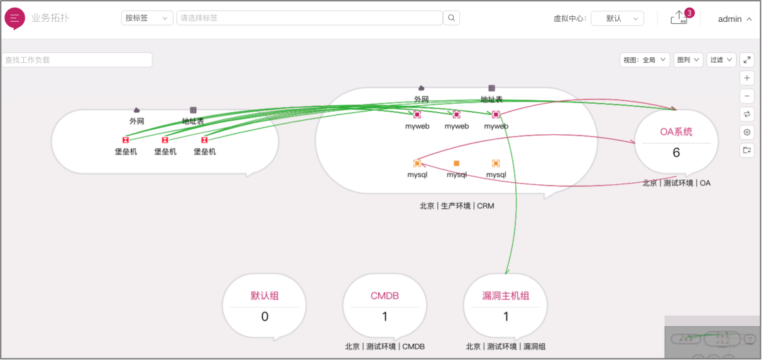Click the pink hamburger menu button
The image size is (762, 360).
pos(14,18)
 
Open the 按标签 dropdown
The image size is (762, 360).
pos(147,18)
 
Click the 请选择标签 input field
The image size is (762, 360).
pos(309,18)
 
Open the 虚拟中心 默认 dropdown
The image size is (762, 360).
pos(617,18)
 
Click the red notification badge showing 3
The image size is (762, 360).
pos(689,13)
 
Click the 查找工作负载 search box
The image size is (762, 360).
pos(77,60)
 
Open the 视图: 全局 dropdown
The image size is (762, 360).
pos(645,60)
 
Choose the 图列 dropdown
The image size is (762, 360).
pos(689,60)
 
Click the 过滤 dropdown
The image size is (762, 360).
pos(721,60)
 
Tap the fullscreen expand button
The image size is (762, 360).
pos(746,60)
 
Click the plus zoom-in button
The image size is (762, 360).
pos(747,78)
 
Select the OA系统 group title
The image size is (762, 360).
pos(676,131)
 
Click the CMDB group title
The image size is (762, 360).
pos(385,296)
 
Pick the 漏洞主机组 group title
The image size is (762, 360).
pos(505,296)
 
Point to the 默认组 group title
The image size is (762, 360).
pos(265,296)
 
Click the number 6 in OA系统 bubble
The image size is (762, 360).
pos(676,152)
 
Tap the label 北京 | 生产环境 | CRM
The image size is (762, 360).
pos(456,206)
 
